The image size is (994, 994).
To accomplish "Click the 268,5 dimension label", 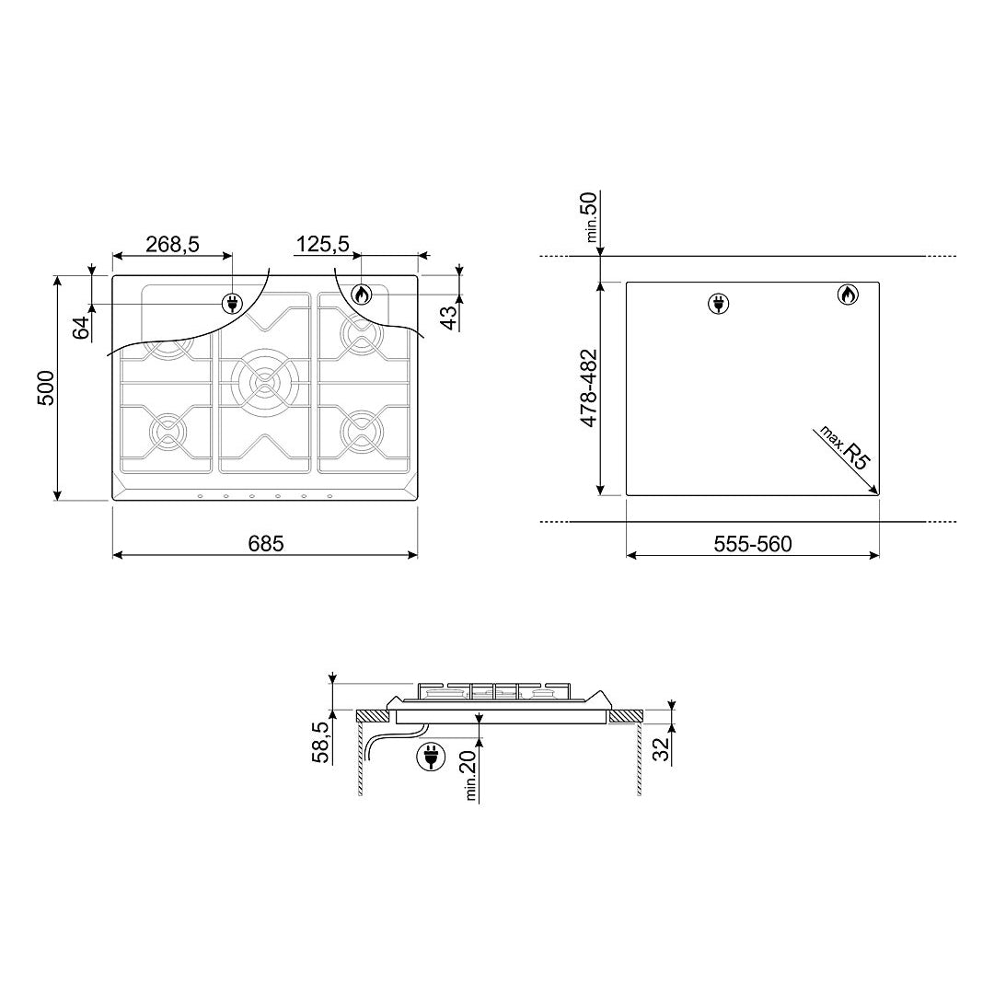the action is click(172, 244).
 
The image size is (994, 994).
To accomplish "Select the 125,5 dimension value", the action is click(323, 244).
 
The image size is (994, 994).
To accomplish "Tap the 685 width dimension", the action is click(266, 543).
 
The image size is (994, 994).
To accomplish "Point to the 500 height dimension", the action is click(46, 388).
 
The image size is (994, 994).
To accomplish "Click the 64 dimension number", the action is click(81, 329).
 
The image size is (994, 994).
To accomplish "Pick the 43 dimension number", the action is click(449, 318).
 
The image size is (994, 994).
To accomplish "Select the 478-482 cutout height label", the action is click(589, 388).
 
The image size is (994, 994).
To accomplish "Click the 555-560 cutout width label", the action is click(753, 544).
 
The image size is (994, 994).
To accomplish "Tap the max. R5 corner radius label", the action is click(842, 446).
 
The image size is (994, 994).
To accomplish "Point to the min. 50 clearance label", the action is click(590, 216).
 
